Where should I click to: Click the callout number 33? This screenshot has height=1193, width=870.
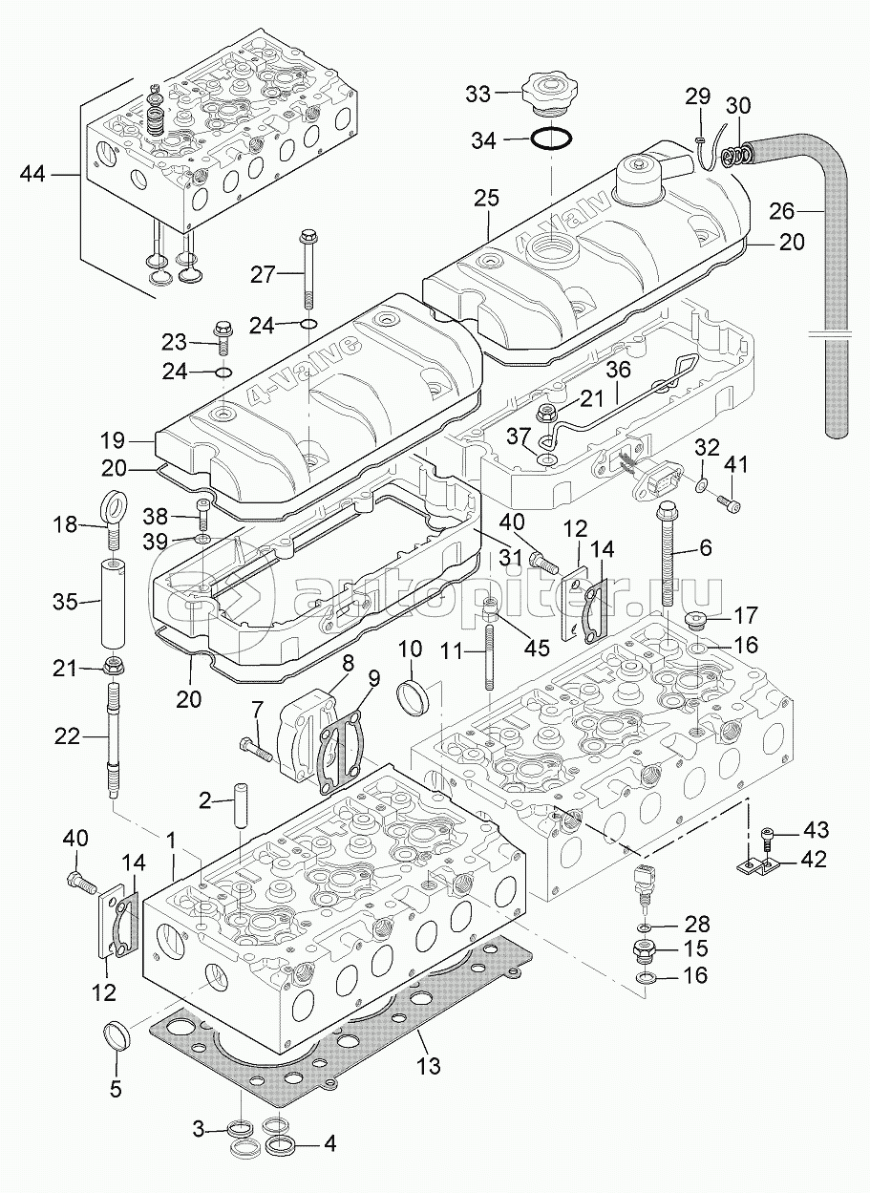click(477, 94)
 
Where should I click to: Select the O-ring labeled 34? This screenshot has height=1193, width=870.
click(552, 139)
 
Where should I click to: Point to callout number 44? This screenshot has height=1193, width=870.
click(33, 174)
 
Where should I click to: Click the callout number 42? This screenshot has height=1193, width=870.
click(814, 860)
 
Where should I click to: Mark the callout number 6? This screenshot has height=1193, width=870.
click(706, 547)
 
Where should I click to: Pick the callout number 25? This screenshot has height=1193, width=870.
click(486, 198)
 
